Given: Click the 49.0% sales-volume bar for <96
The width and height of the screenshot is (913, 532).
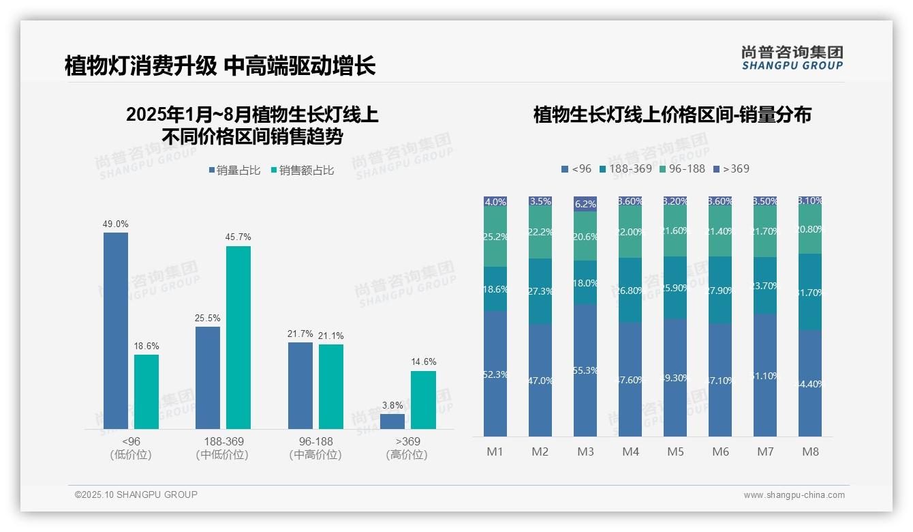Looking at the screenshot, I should (116, 331).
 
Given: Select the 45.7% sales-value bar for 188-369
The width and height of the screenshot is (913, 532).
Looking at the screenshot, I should (238, 338).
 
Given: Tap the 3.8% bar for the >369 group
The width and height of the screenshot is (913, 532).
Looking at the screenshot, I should (392, 422).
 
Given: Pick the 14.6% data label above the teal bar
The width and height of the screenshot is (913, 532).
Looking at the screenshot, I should (423, 361).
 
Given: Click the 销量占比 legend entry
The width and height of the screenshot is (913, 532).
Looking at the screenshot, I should (234, 171).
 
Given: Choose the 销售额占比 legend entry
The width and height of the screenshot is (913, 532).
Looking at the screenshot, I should (303, 171).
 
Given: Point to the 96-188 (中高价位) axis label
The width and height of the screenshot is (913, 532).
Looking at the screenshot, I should (315, 448).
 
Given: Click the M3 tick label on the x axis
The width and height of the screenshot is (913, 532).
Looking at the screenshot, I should (585, 452).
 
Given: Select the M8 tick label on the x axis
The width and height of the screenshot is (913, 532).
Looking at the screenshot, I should (810, 452).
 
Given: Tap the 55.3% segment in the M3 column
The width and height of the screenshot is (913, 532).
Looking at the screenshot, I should (585, 370).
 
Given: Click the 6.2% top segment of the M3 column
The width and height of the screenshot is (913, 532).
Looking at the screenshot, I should (585, 204).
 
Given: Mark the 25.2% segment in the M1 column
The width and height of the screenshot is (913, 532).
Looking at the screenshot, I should (495, 237).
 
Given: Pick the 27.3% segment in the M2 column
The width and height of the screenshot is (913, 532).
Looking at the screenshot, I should (540, 291).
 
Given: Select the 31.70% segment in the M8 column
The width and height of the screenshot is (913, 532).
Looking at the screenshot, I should (810, 292).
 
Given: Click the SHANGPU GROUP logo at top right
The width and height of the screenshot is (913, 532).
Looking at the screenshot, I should (792, 57).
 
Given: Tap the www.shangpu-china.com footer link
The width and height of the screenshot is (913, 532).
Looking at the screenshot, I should (794, 495).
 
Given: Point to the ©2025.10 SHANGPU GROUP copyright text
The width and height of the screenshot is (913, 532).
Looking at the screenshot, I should (136, 495).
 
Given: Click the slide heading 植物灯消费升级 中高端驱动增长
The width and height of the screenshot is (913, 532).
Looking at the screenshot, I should (220, 66).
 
